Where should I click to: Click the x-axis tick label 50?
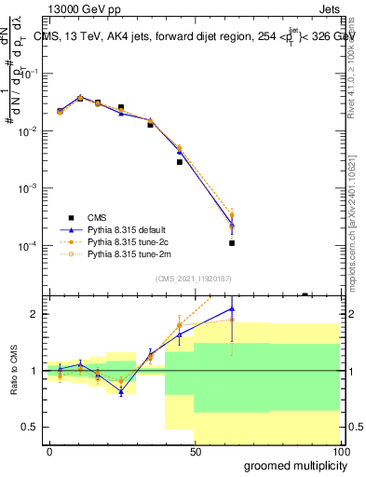pyautogui.click(x=195, y=452)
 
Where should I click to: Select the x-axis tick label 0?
pyautogui.click(x=49, y=452)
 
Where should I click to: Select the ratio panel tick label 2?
pyautogui.click(x=35, y=314)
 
